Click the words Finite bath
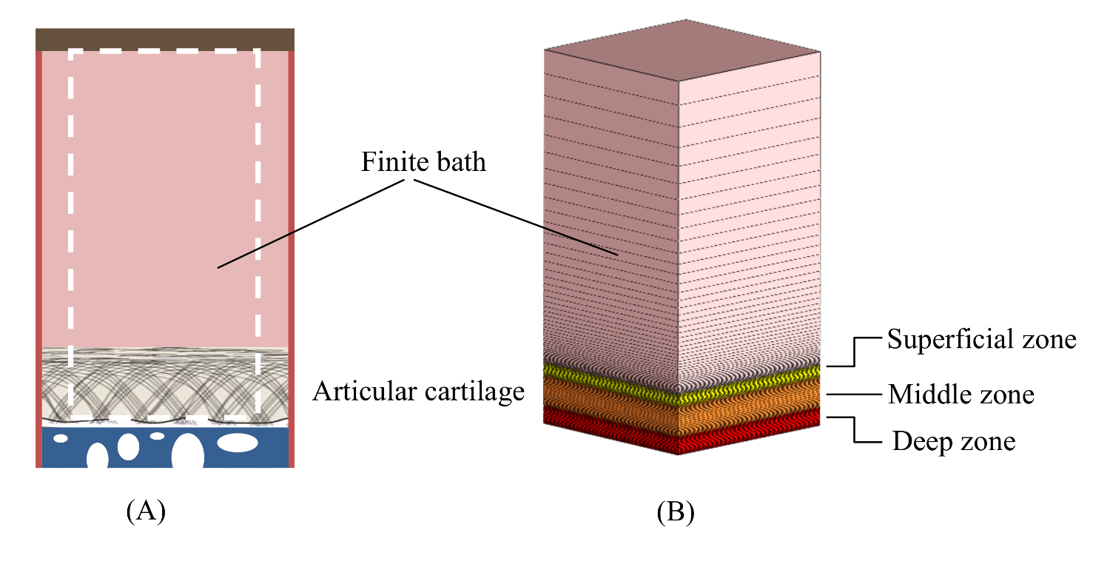[423, 162]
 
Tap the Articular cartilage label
[418, 392]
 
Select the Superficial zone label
[981, 340]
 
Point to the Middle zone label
[961, 395]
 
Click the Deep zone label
[954, 442]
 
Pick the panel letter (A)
[145, 511]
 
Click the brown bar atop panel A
[165, 39]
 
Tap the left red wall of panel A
[38, 259]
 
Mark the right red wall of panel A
[292, 259]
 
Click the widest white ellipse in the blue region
[238, 443]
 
